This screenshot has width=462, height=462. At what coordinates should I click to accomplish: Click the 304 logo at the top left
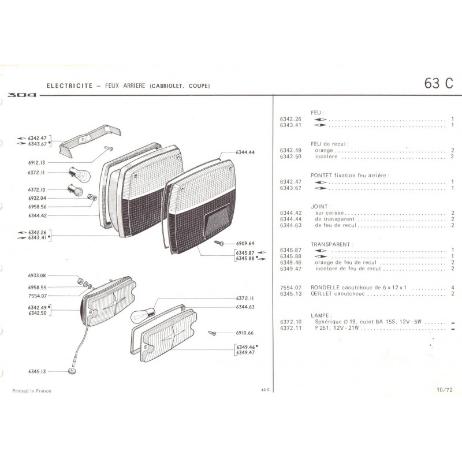pyautogui.click(x=22, y=95)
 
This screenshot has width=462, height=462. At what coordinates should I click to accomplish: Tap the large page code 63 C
pyautogui.click(x=438, y=83)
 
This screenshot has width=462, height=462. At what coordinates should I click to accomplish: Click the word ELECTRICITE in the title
pyautogui.click(x=69, y=85)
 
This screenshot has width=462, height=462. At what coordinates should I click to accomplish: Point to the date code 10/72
pyautogui.click(x=444, y=390)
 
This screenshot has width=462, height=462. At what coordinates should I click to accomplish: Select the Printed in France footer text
pyautogui.click(x=32, y=391)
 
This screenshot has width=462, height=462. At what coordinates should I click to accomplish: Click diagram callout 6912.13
pyautogui.click(x=37, y=163)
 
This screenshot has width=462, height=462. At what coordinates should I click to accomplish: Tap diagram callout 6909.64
pyautogui.click(x=245, y=243)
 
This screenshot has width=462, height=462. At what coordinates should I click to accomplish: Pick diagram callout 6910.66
pyautogui.click(x=244, y=333)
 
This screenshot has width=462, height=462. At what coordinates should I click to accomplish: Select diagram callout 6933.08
pyautogui.click(x=37, y=275)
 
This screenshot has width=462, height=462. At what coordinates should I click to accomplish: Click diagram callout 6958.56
pyautogui.click(x=38, y=207)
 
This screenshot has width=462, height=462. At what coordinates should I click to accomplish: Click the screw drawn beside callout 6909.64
pyautogui.click(x=219, y=243)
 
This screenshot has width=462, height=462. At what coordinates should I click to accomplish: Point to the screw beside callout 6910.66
pyautogui.click(x=212, y=333)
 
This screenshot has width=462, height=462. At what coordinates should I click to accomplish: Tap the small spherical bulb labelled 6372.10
pyautogui.click(x=75, y=190)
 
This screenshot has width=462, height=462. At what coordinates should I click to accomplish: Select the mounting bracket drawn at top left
pyautogui.click(x=90, y=141)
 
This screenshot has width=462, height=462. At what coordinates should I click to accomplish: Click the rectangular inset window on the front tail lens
pyautogui.click(x=218, y=220)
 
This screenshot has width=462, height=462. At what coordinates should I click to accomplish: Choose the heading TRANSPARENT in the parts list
pyautogui.click(x=331, y=244)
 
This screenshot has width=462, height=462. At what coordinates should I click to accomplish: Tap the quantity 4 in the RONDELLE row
pyautogui.click(x=453, y=287)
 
